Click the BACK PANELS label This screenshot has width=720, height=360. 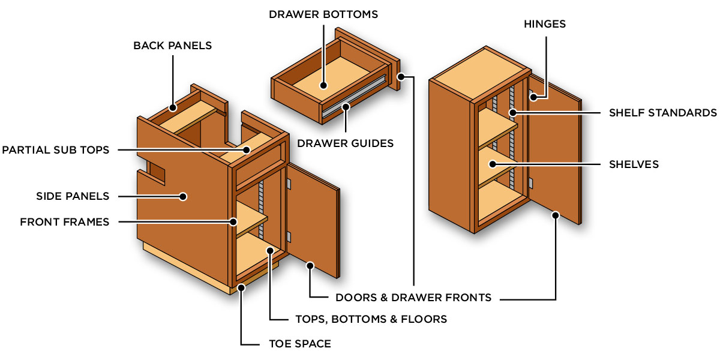pyautogui.click(x=172, y=46)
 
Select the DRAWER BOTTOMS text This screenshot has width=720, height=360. pyautogui.click(x=323, y=14)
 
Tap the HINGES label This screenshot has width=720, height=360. pyautogui.click(x=544, y=24)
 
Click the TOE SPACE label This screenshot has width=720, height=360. pyautogui.click(x=299, y=344)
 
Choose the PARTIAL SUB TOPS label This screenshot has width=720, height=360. pyautogui.click(x=56, y=150)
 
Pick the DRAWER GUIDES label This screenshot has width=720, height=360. pyautogui.click(x=346, y=143)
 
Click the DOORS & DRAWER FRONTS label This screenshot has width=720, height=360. pyautogui.click(x=413, y=297)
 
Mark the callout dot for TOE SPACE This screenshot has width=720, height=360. pyautogui.click(x=241, y=288)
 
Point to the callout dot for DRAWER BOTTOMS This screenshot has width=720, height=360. pyautogui.click(x=323, y=86)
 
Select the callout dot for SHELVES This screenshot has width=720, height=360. pyautogui.click(x=491, y=164)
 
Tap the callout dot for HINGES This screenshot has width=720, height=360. pyautogui.click(x=532, y=95)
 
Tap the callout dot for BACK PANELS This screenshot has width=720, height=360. pyautogui.click(x=172, y=109)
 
